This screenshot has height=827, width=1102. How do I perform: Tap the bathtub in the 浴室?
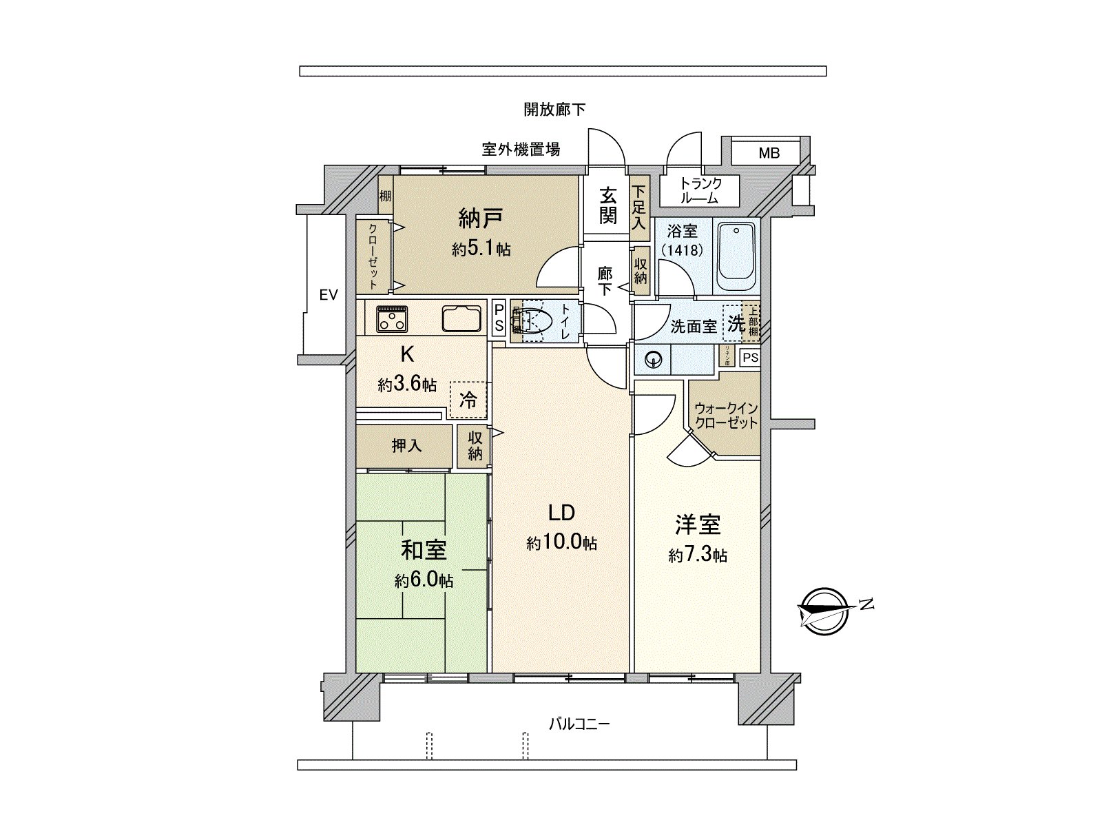tap(736, 257)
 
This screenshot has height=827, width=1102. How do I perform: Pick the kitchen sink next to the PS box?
tap(461, 319)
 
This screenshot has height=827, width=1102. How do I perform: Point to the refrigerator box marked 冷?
tap(468, 400)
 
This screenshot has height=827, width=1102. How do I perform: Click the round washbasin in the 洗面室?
tap(653, 358)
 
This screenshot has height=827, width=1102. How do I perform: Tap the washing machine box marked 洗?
tap(735, 323)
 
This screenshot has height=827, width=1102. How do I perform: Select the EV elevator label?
tap(329, 296)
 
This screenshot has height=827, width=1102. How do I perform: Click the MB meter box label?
tap(769, 153)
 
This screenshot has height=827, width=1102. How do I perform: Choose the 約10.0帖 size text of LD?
tap(561, 543)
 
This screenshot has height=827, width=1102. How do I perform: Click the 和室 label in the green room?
tap(424, 550)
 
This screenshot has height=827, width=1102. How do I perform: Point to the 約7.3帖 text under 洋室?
tap(697, 555)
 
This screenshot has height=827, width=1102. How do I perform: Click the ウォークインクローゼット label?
tap(726, 416)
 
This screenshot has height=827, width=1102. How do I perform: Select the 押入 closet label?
tap(406, 446)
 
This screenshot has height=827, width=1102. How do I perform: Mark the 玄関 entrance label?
tap(607, 205)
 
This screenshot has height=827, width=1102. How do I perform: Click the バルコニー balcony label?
tap(579, 724)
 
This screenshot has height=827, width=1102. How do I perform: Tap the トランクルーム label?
tap(700, 191)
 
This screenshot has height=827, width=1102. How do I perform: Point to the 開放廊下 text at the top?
tap(554, 109)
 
